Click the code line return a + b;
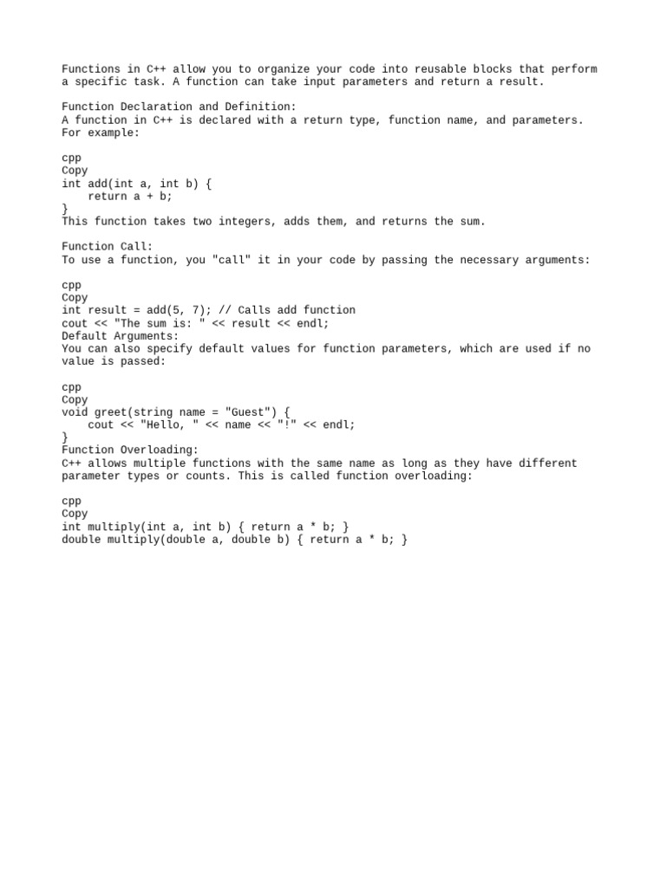coord(130,197)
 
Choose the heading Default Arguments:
coord(121,336)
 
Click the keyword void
coord(75,412)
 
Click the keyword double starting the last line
coord(81,540)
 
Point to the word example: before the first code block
coord(114,133)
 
